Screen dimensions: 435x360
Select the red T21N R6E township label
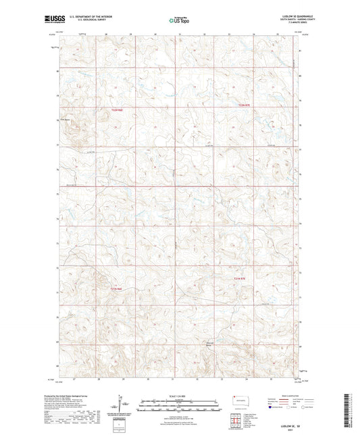[115, 290]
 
